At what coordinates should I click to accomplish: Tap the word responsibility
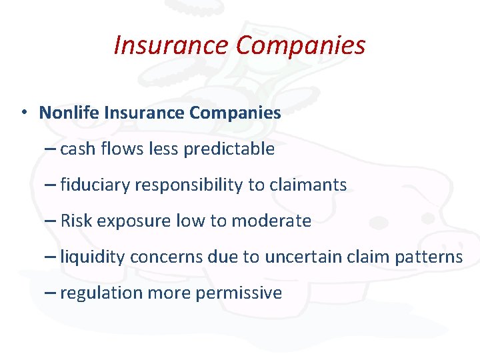click(189, 185)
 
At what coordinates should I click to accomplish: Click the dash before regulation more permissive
click(49, 293)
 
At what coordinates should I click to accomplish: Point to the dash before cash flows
click(49, 149)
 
